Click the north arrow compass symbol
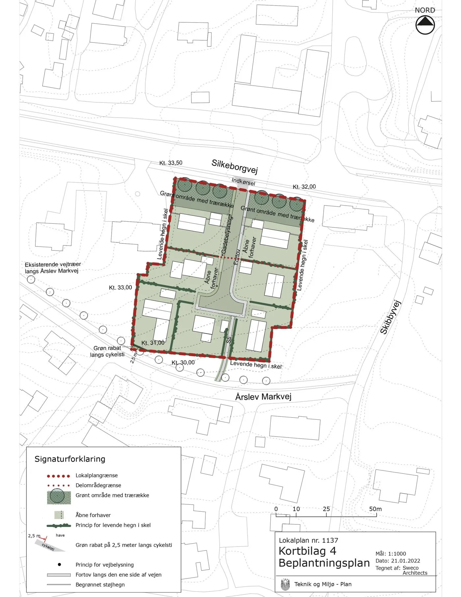tap(425, 25)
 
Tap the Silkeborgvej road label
tap(234, 166)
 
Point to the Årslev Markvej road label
tap(263, 397)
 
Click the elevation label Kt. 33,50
tap(171, 163)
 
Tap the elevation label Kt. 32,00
tap(304, 187)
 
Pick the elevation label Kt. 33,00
tap(121, 288)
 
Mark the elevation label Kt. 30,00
tap(183, 362)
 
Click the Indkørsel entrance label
tap(243, 182)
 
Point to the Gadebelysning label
tap(227, 235)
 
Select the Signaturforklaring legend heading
tap(70, 459)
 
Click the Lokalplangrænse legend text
tap(96, 475)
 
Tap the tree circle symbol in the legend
tap(57, 496)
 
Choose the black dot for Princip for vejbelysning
tap(59, 564)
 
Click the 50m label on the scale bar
tap(375, 509)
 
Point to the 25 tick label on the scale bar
tap(326, 509)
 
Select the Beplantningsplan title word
tap(324, 563)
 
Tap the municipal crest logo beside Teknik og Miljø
tap(285, 584)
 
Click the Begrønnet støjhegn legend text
tap(100, 584)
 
